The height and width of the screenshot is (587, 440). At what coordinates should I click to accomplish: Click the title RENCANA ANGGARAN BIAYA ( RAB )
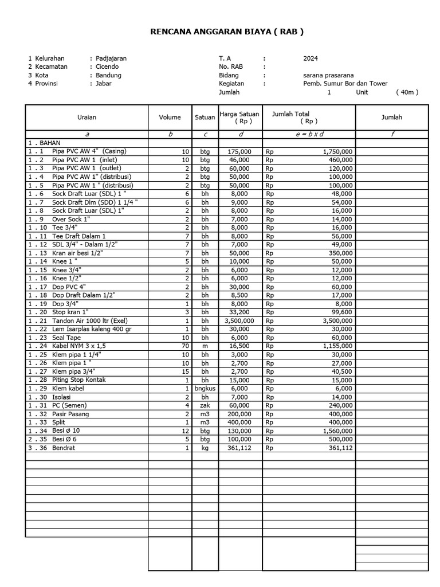(x=226, y=32)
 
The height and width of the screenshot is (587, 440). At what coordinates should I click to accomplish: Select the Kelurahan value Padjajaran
(x=111, y=58)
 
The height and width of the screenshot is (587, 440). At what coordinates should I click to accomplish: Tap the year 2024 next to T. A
(x=311, y=58)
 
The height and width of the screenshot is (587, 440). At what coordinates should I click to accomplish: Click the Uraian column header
(x=87, y=118)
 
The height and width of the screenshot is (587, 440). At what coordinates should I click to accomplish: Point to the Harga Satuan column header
(x=239, y=118)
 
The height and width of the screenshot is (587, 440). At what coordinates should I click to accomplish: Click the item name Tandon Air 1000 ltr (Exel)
(x=90, y=320)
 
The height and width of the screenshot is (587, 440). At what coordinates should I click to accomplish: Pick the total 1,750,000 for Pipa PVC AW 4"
(x=337, y=151)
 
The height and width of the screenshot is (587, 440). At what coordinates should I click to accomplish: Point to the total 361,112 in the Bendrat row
(x=339, y=448)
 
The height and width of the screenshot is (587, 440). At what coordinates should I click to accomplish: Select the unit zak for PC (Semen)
(x=205, y=405)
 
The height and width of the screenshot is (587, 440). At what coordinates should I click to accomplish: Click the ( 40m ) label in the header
(x=407, y=92)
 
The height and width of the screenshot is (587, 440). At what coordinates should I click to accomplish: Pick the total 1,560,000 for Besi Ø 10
(x=337, y=431)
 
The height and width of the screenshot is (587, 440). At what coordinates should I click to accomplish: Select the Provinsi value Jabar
(x=104, y=84)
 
